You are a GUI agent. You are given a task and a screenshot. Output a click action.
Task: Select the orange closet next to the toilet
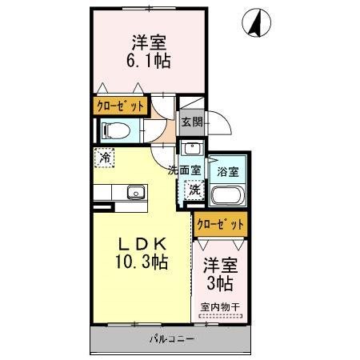122,106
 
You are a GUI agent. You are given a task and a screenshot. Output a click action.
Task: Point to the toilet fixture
116,130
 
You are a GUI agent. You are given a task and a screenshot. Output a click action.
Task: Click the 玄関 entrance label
190,122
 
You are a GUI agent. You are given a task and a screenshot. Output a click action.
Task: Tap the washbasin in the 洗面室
192,149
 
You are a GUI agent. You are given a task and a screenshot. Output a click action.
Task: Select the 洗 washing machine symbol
194,190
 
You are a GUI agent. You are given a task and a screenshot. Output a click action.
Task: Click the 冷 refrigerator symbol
104,158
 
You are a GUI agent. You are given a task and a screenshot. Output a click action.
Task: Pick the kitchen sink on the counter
134,192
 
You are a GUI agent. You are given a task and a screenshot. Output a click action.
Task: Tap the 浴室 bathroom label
226,170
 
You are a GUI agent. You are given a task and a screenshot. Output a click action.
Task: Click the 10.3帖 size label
142,262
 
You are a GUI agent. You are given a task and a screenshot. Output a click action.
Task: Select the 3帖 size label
220,283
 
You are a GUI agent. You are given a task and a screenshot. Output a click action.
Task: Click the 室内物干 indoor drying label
220,305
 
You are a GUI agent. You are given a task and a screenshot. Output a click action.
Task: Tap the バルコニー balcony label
171,338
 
